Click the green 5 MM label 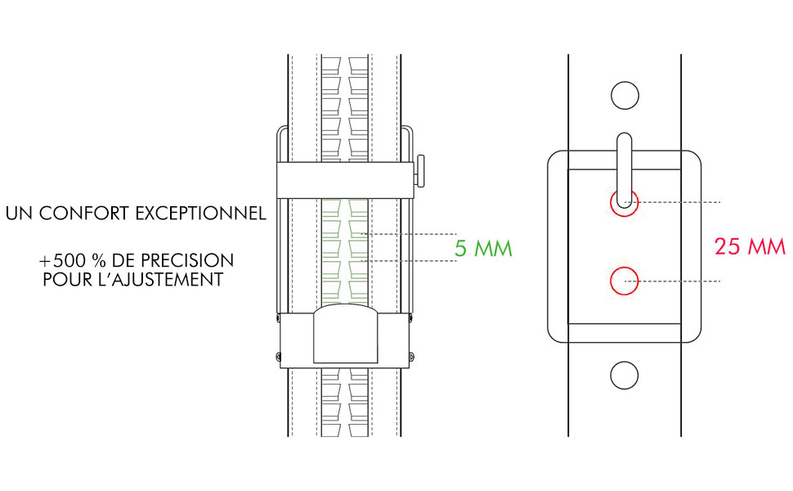tap(483, 247)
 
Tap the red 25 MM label tap(749, 246)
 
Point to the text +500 tap(61, 261)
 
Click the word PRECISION tap(188, 261)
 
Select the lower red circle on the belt tap(624, 282)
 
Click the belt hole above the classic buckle tap(624, 95)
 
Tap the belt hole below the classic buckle tap(624, 375)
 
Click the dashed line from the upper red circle tap(679, 201)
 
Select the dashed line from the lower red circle tap(679, 282)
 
